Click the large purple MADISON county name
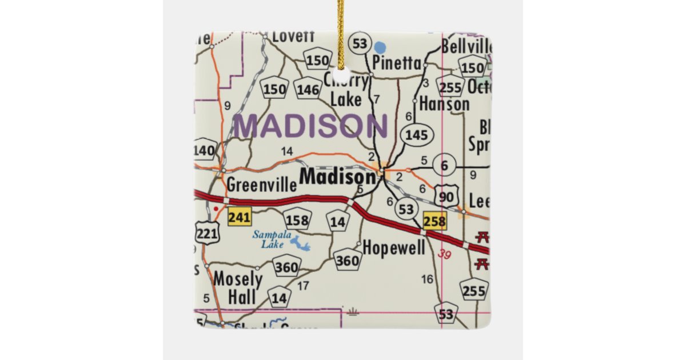[x=310, y=126]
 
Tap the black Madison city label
[x=337, y=177]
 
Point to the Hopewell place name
[x=394, y=248]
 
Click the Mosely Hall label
[x=238, y=288]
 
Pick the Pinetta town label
[x=397, y=62]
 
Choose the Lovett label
[x=293, y=36]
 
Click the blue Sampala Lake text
[x=273, y=239]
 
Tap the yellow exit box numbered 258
[x=434, y=222]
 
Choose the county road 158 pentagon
[x=297, y=220]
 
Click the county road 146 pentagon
[x=308, y=88]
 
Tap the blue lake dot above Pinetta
[x=380, y=46]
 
